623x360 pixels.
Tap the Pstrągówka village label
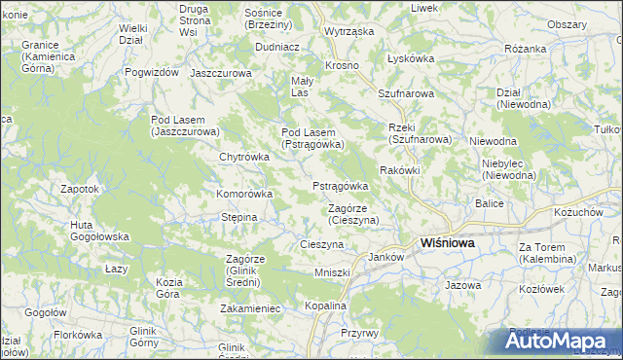point(340,186)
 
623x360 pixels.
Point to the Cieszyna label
point(322,244)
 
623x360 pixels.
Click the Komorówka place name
point(243,194)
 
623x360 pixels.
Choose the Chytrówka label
point(243,157)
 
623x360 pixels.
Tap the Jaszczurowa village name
point(221,73)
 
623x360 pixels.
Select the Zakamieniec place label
point(250,308)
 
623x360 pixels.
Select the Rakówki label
point(399,170)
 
